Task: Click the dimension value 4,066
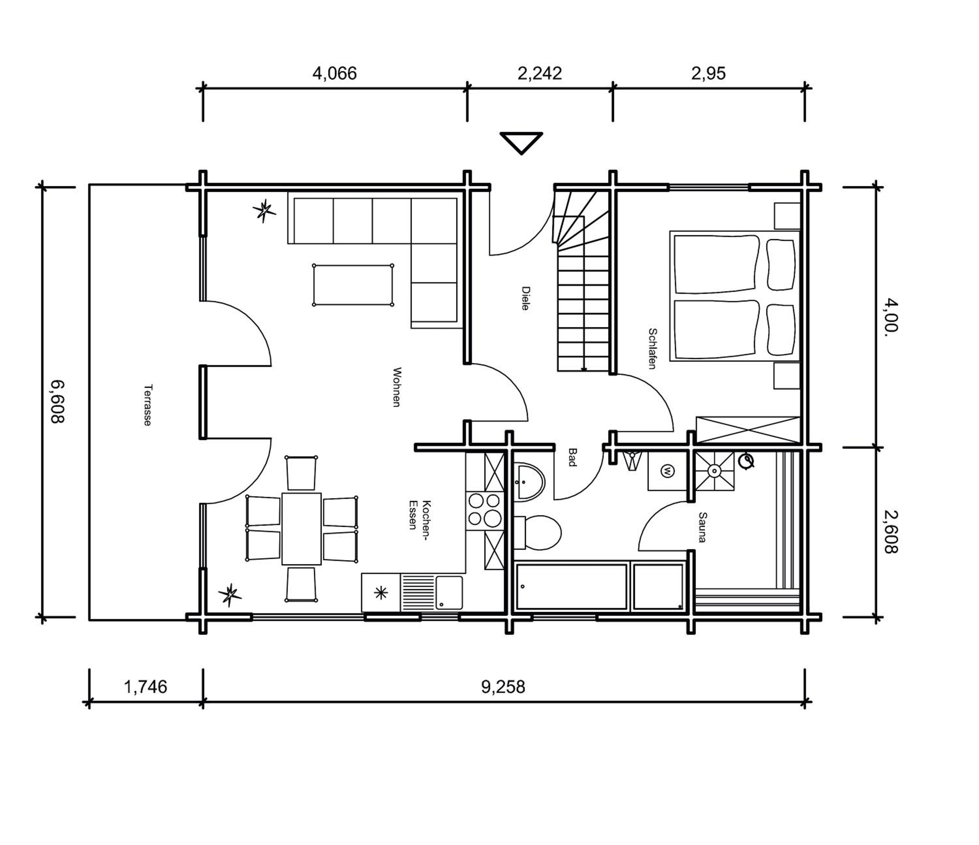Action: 334,74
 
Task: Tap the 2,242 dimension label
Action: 539,74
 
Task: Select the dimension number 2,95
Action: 708,74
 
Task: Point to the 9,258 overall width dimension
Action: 503,687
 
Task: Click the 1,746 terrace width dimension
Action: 146,687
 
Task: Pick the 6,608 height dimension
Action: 58,402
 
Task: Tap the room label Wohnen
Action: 397,387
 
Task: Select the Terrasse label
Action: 148,405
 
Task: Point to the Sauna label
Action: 702,527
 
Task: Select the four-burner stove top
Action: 484,510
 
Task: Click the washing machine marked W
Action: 667,471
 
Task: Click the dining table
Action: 302,529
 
